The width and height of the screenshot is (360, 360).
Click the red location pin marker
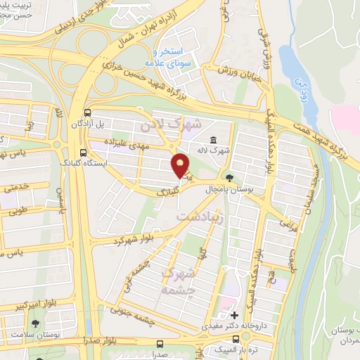coord(181,165)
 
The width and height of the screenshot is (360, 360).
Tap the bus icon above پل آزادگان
coord(86,112)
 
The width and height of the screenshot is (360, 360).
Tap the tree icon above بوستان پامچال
coord(229,178)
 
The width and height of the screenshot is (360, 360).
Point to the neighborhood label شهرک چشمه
coord(176,280)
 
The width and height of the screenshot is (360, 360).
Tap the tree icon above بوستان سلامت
coord(35,323)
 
